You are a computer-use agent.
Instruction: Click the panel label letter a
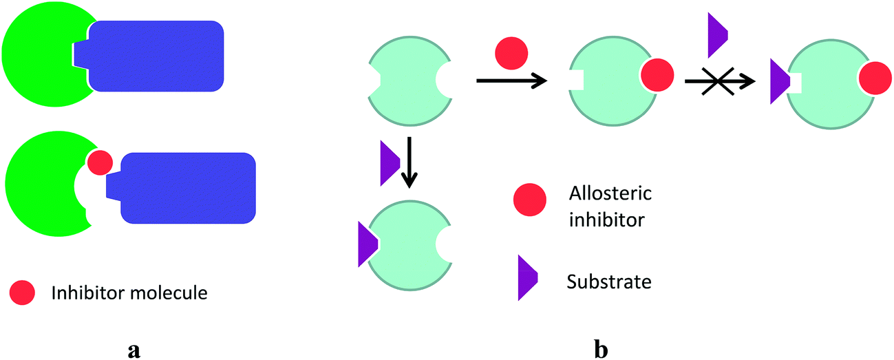click(x=134, y=350)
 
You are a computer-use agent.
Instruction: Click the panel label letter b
click(x=600, y=350)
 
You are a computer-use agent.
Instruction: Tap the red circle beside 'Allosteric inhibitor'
click(x=530, y=200)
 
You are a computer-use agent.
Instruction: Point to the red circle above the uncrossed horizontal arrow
click(x=511, y=53)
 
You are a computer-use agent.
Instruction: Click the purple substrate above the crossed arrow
click(x=717, y=34)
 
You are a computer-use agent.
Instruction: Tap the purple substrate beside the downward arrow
click(x=389, y=163)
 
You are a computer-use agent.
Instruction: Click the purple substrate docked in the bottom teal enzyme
click(x=366, y=243)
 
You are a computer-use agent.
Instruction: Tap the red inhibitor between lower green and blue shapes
click(x=100, y=163)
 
